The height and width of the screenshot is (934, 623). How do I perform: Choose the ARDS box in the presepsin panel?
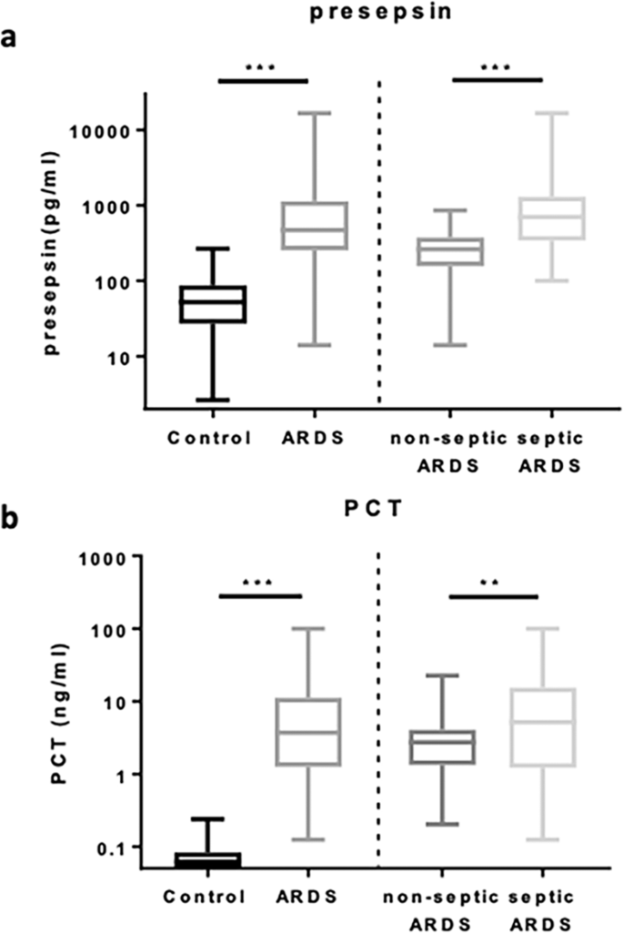pyautogui.click(x=314, y=225)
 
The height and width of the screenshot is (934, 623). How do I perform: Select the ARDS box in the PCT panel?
pyautogui.click(x=308, y=732)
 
